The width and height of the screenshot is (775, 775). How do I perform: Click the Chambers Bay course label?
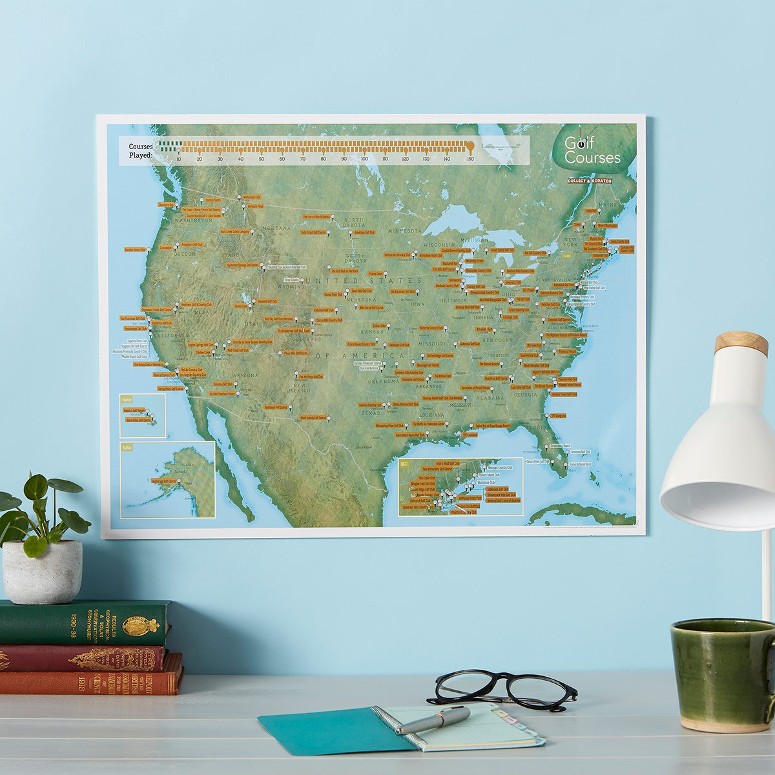[166, 205]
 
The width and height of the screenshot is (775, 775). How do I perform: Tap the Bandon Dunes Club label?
[135, 249]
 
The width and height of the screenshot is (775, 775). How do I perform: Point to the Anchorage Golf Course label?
[163, 480]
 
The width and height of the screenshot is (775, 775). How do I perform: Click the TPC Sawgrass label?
[557, 415]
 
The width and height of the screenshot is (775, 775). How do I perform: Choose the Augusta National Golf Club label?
[545, 372]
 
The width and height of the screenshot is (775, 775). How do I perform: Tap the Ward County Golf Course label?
[313, 417]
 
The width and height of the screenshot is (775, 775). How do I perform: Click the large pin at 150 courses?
[470, 147]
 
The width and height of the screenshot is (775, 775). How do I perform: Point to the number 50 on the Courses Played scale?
[262, 158]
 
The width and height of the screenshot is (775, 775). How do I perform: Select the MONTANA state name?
[277, 228]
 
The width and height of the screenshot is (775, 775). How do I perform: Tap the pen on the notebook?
[433, 719]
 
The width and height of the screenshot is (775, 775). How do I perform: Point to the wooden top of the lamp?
[741, 342]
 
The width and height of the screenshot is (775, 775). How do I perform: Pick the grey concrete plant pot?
[42, 572]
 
